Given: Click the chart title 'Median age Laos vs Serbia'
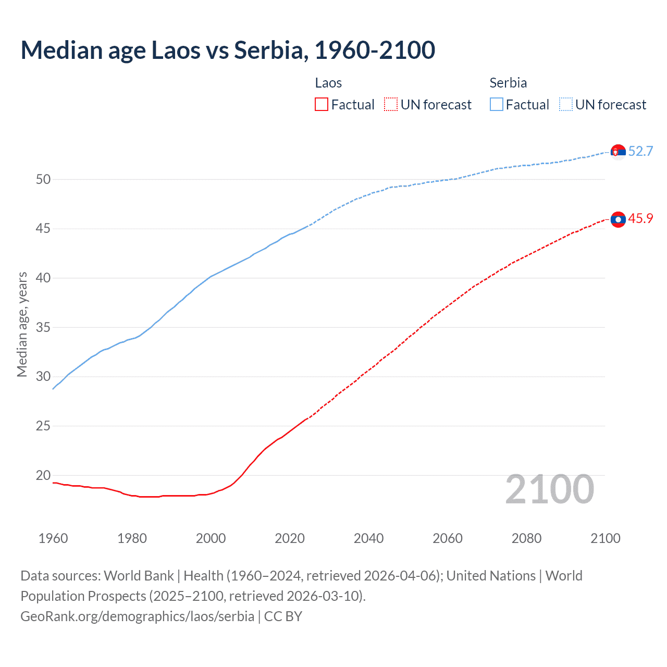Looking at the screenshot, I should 228,50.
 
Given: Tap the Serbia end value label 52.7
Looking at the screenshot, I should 640,151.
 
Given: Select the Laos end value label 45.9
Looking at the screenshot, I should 640,218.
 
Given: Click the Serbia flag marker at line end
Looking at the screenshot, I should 618,152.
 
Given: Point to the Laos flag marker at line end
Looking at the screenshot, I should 618,220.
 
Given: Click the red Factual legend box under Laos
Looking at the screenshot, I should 322,105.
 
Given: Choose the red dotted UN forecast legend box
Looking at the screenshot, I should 391,105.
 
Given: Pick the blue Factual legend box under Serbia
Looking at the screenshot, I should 497,105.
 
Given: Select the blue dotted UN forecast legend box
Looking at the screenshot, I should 566,105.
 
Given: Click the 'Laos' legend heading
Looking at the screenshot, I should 328,83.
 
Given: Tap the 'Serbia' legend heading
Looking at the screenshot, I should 508,83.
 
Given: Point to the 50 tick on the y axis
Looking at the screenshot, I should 43,179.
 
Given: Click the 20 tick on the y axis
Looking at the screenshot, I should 43,475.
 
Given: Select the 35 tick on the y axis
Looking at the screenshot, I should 43,327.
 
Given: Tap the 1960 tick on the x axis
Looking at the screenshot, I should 53,538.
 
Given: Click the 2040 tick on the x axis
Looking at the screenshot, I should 368,538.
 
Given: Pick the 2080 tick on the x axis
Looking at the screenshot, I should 526,538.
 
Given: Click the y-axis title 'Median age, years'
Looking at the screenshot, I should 22,324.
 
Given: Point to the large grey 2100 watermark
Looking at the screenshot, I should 550,489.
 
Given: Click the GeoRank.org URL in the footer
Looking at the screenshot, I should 137,616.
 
